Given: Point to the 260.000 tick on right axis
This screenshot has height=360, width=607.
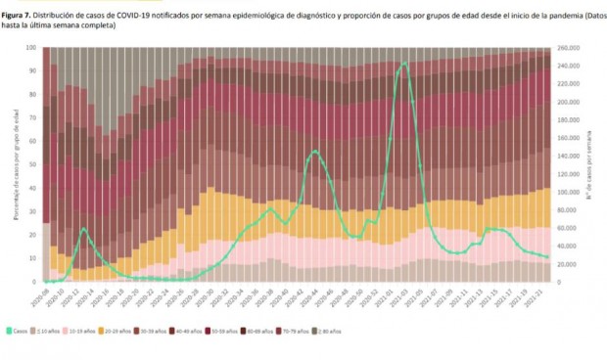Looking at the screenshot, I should (568, 47).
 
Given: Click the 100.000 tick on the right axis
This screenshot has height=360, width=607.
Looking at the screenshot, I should (568, 192).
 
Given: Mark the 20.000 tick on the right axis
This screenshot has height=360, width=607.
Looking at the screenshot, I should (567, 264).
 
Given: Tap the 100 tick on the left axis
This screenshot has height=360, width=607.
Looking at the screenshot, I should (32, 47).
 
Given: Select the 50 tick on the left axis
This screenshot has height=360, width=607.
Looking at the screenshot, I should (33, 164).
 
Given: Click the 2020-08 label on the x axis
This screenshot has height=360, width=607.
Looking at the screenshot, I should (45, 297).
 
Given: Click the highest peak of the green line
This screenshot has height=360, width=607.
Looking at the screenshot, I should (404, 64).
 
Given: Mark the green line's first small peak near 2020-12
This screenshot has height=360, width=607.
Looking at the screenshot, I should (83, 228).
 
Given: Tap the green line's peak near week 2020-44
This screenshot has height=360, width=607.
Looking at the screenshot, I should (314, 151).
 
